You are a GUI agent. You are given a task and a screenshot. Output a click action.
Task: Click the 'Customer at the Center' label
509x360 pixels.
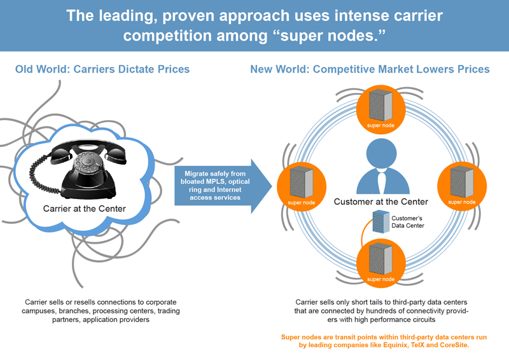[x=380, y=202]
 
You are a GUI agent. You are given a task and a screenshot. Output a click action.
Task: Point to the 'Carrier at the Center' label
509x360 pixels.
[x=85, y=208]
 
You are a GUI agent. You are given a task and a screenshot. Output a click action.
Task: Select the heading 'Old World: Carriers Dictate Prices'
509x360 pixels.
[x=102, y=69]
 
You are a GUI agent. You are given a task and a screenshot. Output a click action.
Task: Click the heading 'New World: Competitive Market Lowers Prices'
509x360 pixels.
[x=370, y=69]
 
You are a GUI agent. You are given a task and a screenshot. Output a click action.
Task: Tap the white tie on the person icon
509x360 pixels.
[x=380, y=181]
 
